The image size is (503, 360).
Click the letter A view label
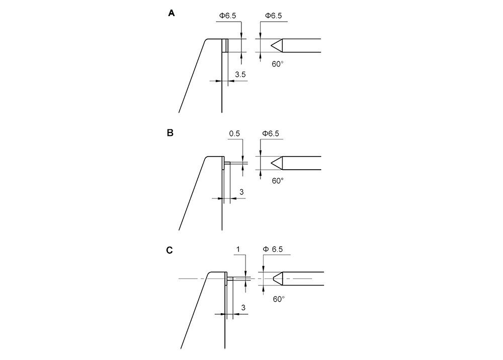click(x=172, y=14)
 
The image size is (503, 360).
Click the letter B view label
click(x=170, y=133)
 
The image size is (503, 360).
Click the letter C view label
click(x=170, y=250)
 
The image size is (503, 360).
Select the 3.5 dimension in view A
click(x=240, y=75)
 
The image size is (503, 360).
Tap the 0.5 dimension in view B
click(x=234, y=133)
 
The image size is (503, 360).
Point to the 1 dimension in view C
click(x=237, y=249)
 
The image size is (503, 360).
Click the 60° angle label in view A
click(x=278, y=63)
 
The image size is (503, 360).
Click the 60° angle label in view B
click(x=278, y=180)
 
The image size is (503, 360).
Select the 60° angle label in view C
click(x=279, y=299)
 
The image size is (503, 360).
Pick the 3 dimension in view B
click(x=241, y=192)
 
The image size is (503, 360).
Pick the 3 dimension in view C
click(x=243, y=307)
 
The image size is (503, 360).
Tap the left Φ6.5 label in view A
click(x=226, y=16)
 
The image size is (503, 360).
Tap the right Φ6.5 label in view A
click(x=273, y=16)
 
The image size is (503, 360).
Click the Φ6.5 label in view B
click(x=271, y=133)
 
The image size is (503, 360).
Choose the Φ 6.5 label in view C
click(x=275, y=249)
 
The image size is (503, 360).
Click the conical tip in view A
click(x=277, y=46)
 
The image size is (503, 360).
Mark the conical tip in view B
click(x=277, y=163)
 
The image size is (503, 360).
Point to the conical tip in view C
click(x=278, y=278)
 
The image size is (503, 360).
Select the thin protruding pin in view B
click(x=227, y=163)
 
